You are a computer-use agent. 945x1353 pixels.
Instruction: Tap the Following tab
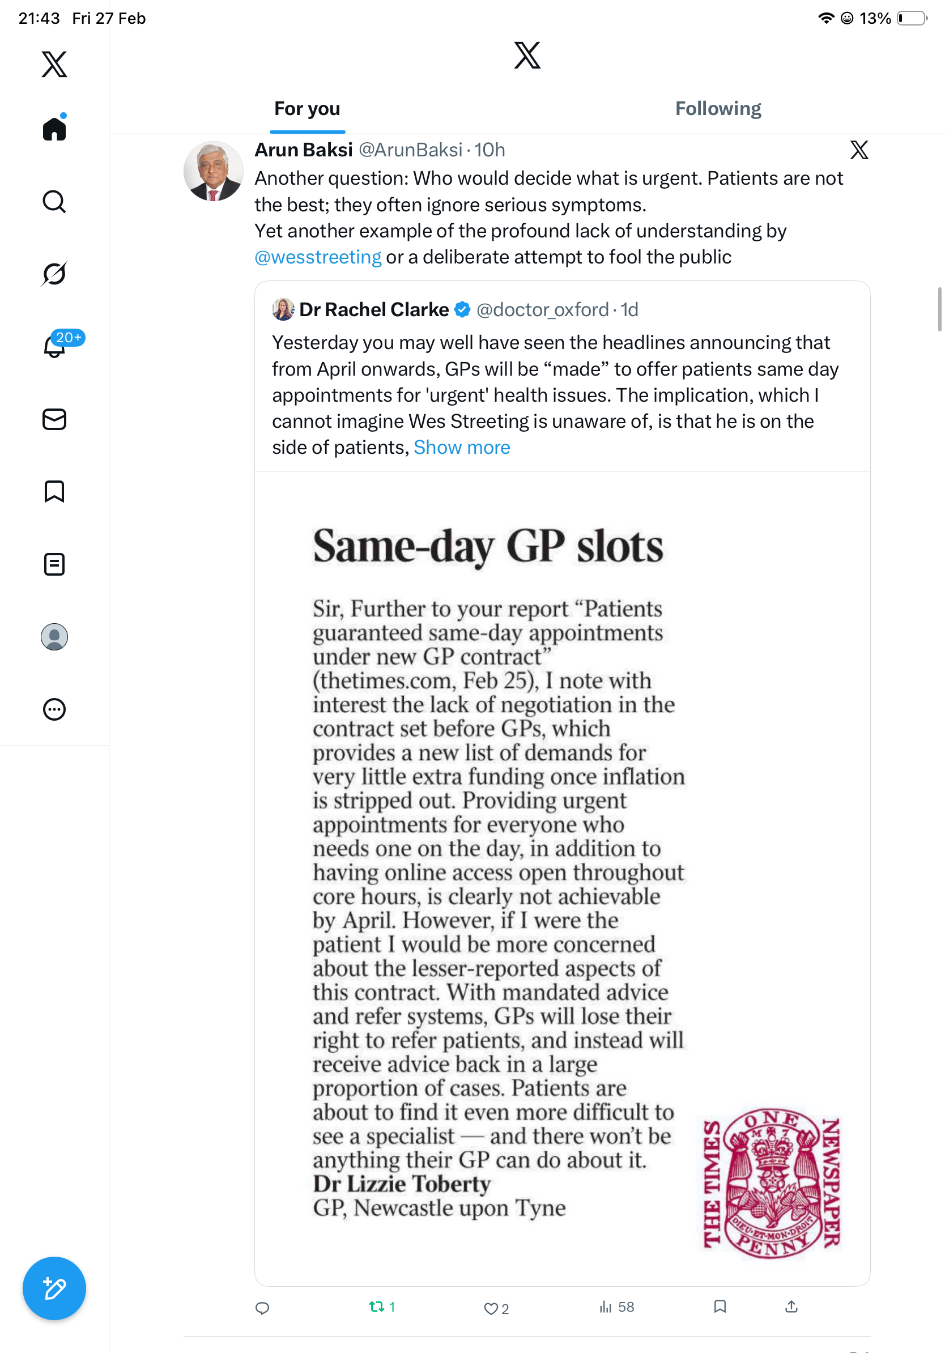pyautogui.click(x=718, y=109)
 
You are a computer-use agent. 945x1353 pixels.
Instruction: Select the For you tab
pyautogui.click(x=307, y=109)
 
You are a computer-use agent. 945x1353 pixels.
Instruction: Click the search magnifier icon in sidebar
pyautogui.click(x=54, y=202)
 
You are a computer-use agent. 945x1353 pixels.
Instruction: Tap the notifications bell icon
pyautogui.click(x=54, y=346)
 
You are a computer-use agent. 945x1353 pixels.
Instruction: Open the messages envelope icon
pyautogui.click(x=54, y=420)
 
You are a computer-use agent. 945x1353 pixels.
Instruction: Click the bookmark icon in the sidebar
pyautogui.click(x=54, y=491)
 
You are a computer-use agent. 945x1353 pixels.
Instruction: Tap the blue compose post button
pyautogui.click(x=54, y=1288)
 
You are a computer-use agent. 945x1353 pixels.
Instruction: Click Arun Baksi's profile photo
pyautogui.click(x=213, y=171)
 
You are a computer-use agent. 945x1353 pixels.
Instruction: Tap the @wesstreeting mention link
pyautogui.click(x=318, y=258)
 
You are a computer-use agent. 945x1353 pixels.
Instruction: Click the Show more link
pyautogui.click(x=461, y=448)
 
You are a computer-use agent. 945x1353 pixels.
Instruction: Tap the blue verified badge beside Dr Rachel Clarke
pyautogui.click(x=462, y=309)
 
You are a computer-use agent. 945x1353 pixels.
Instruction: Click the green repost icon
pyautogui.click(x=376, y=1307)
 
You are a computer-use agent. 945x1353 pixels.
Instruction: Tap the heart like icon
pyautogui.click(x=490, y=1308)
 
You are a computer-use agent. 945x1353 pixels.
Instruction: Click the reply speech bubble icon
pyautogui.click(x=262, y=1308)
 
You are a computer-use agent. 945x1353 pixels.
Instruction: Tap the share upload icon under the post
pyautogui.click(x=791, y=1307)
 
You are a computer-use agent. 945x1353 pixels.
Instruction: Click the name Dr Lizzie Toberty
pyautogui.click(x=401, y=1184)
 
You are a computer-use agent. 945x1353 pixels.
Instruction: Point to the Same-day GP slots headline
pyautogui.click(x=488, y=546)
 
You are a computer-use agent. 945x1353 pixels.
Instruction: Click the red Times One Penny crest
pyautogui.click(x=772, y=1183)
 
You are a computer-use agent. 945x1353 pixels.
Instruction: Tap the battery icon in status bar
pyautogui.click(x=912, y=19)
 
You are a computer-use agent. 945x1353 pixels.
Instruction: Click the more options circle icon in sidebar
pyautogui.click(x=54, y=709)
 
